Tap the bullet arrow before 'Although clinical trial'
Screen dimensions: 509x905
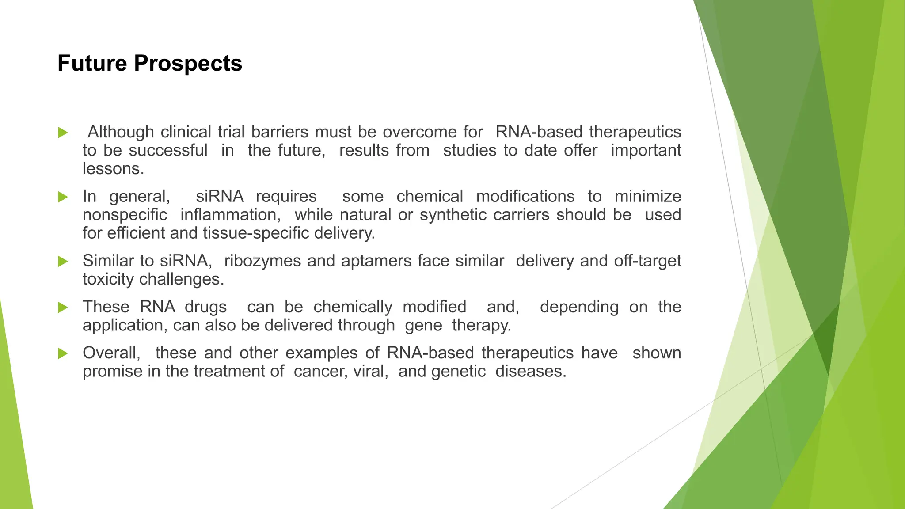click(63, 133)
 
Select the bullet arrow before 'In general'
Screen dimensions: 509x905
click(63, 197)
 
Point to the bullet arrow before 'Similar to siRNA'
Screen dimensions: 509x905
click(63, 262)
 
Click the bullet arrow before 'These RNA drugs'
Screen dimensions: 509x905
click(63, 308)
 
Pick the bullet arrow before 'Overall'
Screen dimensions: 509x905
click(63, 353)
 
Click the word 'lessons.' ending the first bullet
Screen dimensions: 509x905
click(113, 169)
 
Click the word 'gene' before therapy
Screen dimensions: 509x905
click(423, 325)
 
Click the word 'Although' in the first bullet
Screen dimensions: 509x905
click(121, 132)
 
